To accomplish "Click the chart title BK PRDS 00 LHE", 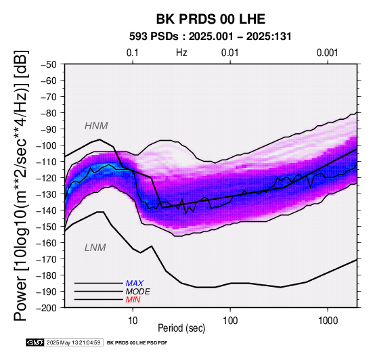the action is point(211,19).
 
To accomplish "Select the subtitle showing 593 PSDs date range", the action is point(211,37).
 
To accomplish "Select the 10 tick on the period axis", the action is point(133,321).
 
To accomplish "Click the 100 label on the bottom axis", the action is point(230,321).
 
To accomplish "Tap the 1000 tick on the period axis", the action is point(328,321).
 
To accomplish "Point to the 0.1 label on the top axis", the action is point(133,53).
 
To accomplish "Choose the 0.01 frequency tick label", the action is point(230,53).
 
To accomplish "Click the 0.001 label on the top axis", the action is point(328,53).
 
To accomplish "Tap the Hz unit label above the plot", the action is point(181,53).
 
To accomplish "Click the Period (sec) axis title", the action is point(181,328).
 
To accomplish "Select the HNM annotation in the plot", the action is point(96,126).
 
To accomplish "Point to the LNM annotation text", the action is point(95,248).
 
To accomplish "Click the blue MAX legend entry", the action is point(135,284).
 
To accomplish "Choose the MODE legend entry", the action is point(138,292).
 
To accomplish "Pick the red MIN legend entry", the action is point(133,300).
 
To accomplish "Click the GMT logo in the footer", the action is point(35,342).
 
